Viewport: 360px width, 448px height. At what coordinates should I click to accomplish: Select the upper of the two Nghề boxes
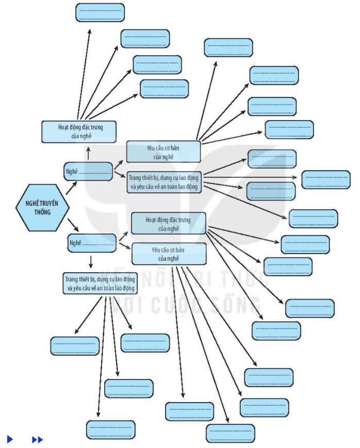[x=88, y=171]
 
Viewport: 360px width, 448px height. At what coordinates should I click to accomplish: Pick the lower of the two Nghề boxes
[x=92, y=243]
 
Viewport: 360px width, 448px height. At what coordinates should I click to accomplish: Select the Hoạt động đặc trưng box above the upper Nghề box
[x=78, y=131]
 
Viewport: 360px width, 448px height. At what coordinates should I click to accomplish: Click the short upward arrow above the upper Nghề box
[x=88, y=153]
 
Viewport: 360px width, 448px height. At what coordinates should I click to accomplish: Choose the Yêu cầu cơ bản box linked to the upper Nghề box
[x=163, y=152]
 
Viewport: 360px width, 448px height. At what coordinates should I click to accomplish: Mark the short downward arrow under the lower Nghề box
[x=91, y=261]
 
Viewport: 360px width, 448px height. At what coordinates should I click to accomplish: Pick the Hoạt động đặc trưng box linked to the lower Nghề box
[x=168, y=223]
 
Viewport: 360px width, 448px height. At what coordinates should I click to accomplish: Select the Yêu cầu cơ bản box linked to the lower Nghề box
[x=169, y=254]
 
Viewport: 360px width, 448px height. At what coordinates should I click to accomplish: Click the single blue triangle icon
[x=10, y=439]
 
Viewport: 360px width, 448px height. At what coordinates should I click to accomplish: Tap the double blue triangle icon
[x=37, y=439]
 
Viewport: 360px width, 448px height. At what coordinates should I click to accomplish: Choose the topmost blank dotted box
[x=100, y=12]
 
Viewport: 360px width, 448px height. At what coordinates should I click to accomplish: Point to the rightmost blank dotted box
[x=326, y=179]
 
